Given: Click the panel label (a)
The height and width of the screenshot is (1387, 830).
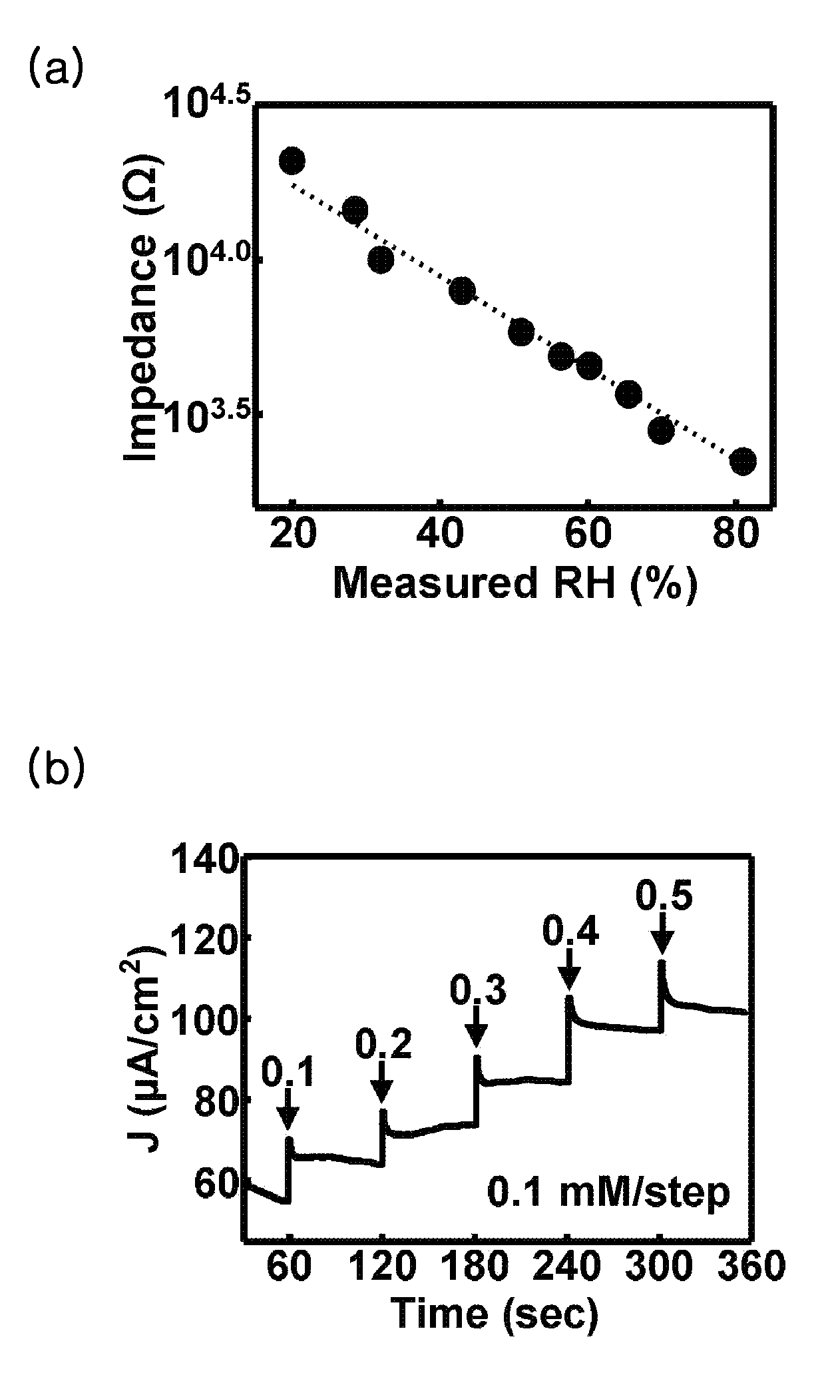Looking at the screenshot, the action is pos(56,69).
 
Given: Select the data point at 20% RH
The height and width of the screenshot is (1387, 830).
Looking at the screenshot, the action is pos(292,160).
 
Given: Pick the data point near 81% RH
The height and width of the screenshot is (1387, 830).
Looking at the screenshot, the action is pos(743,461).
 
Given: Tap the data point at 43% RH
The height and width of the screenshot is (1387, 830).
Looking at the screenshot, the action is pos(462,291).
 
